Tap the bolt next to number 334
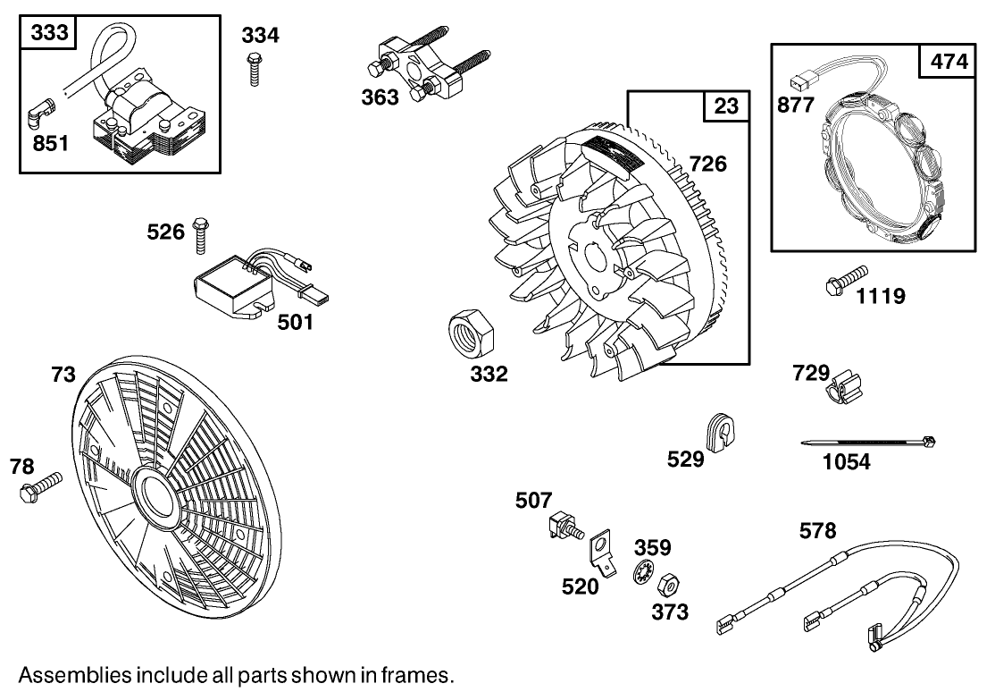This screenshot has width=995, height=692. pos(255,68)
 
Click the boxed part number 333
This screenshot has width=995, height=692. pos(50,33)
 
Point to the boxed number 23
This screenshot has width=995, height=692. pos(725,107)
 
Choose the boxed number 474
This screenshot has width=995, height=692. pos(948,62)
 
